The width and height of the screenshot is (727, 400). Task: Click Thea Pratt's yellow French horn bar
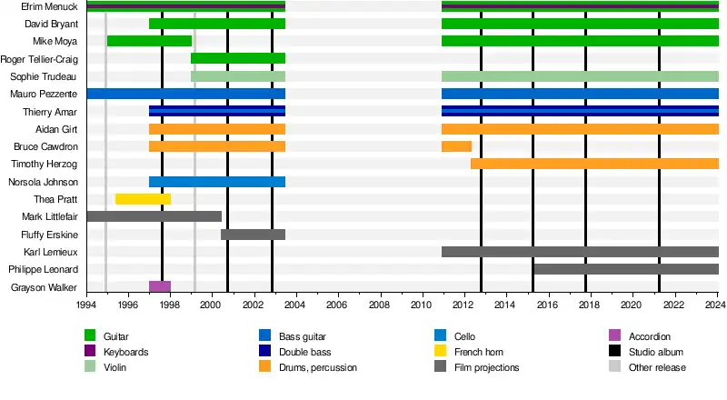[143, 199]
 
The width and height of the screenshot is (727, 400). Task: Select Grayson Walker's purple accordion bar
[160, 287]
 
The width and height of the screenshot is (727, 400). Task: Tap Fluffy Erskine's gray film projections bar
[253, 235]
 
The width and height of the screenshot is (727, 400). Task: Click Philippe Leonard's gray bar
[625, 269]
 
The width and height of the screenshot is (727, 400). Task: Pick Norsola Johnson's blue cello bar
[217, 182]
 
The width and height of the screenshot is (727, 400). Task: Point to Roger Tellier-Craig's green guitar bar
[238, 58]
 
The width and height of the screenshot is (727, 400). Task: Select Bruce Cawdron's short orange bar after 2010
[456, 146]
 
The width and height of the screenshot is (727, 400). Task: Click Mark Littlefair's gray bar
[154, 216]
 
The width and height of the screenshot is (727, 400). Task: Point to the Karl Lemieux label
[51, 252]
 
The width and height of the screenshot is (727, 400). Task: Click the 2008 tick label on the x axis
[380, 307]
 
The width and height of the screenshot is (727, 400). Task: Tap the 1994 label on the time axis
[87, 307]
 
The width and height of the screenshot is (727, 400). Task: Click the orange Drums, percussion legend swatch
[265, 367]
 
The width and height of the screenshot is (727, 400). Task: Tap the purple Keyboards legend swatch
[90, 352]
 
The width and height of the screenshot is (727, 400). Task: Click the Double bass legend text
[306, 352]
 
